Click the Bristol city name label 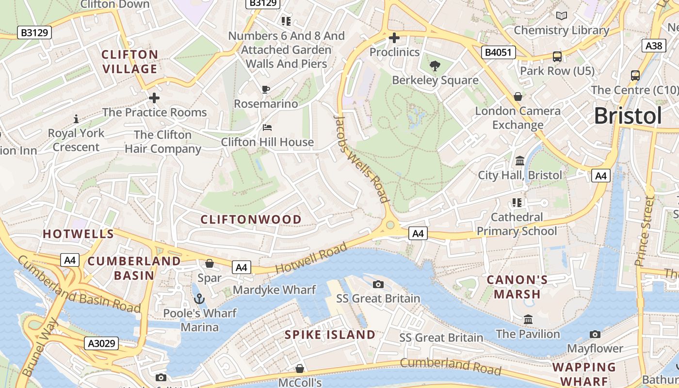628,116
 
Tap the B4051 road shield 498,52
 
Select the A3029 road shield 101,343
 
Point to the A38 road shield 653,46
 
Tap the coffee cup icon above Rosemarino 265,89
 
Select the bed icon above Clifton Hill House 267,128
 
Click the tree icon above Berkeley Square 435,65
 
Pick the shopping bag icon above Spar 210,263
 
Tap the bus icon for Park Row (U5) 557,56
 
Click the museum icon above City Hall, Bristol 520,160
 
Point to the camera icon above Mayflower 595,334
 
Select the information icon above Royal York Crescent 76,118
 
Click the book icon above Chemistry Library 561,16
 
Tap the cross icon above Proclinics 394,37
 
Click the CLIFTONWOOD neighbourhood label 251,219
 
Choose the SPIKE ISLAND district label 330,335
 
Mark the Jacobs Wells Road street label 362,159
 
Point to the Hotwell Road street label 311,258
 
